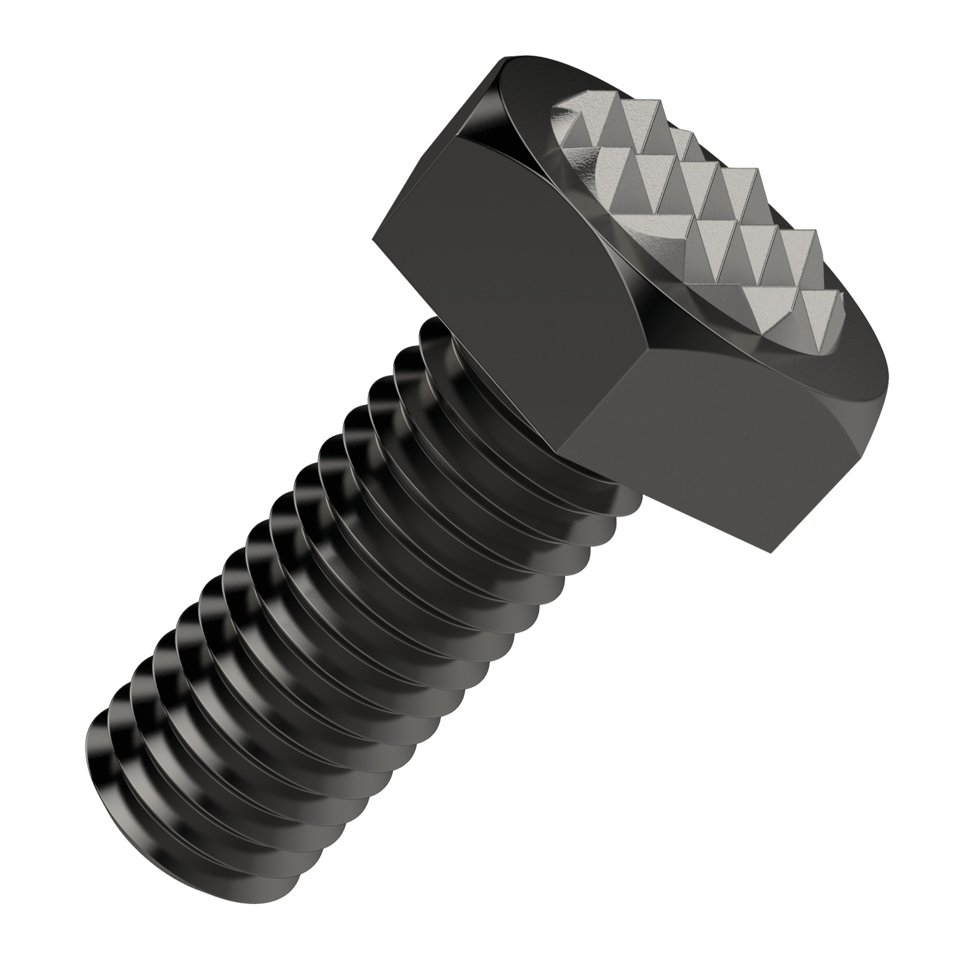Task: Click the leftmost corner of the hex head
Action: tap(373, 241)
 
